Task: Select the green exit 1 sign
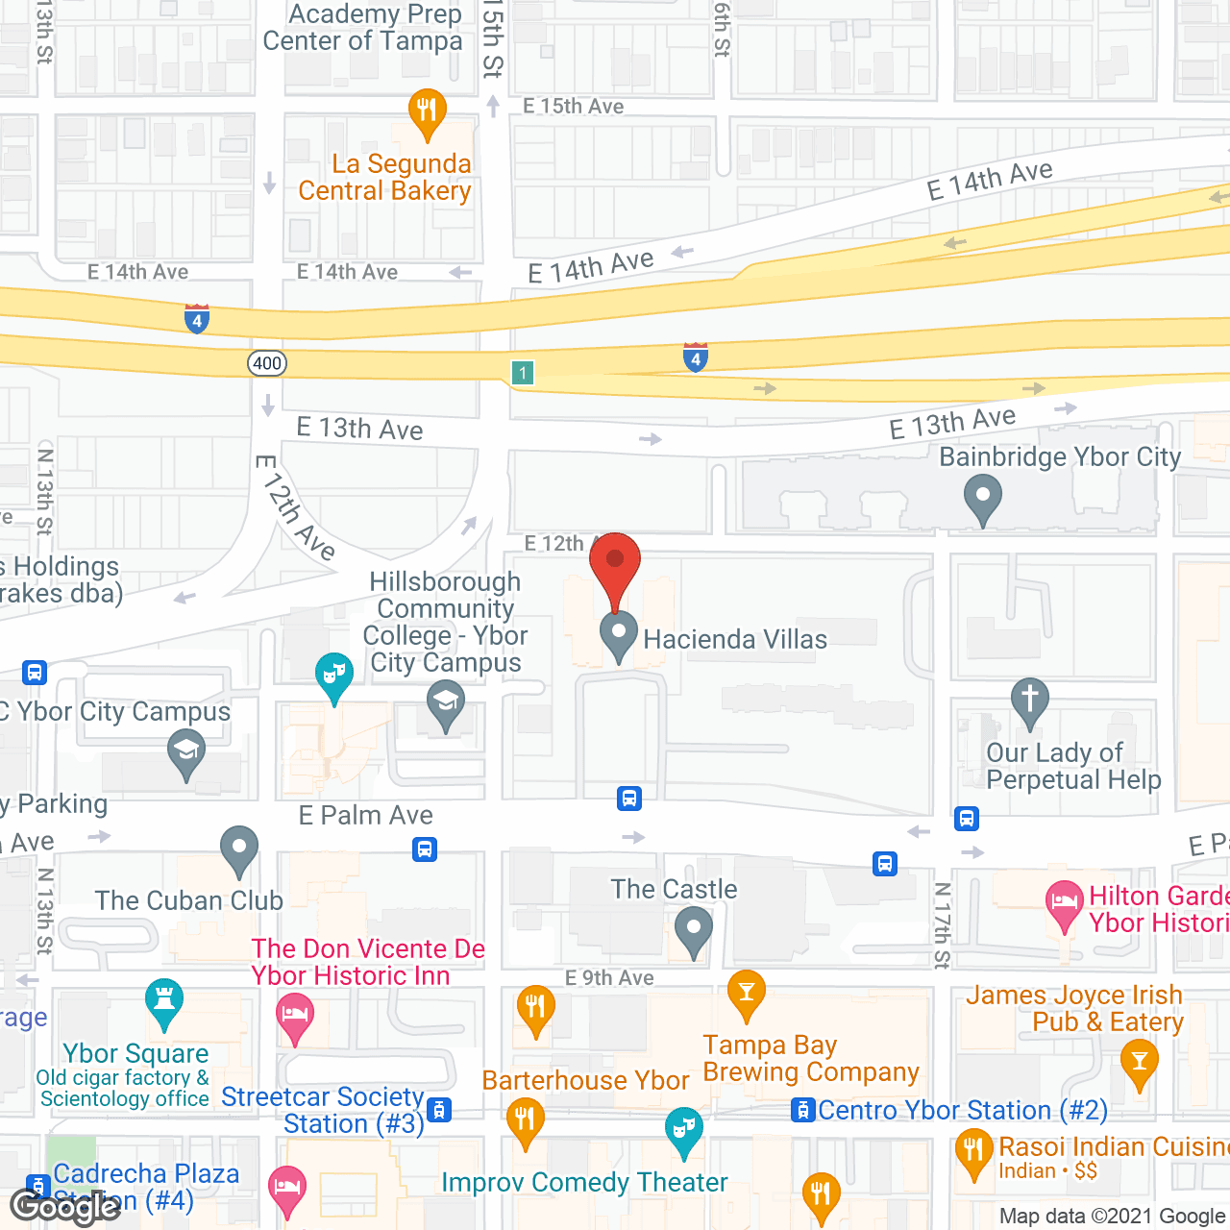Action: click(x=523, y=373)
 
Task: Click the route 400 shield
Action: click(x=267, y=363)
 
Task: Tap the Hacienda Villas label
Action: click(x=735, y=640)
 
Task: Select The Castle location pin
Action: click(x=693, y=930)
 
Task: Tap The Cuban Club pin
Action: click(x=238, y=849)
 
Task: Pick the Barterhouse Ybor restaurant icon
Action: click(x=525, y=1120)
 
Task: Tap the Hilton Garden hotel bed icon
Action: click(x=1064, y=904)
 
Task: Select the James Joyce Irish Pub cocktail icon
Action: click(x=1139, y=1065)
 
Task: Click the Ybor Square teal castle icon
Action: click(x=163, y=1002)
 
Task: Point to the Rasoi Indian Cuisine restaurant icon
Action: click(x=973, y=1152)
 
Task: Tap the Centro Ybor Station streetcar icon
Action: click(x=801, y=1111)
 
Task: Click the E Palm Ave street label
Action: click(x=366, y=816)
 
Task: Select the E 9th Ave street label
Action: click(x=609, y=978)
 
